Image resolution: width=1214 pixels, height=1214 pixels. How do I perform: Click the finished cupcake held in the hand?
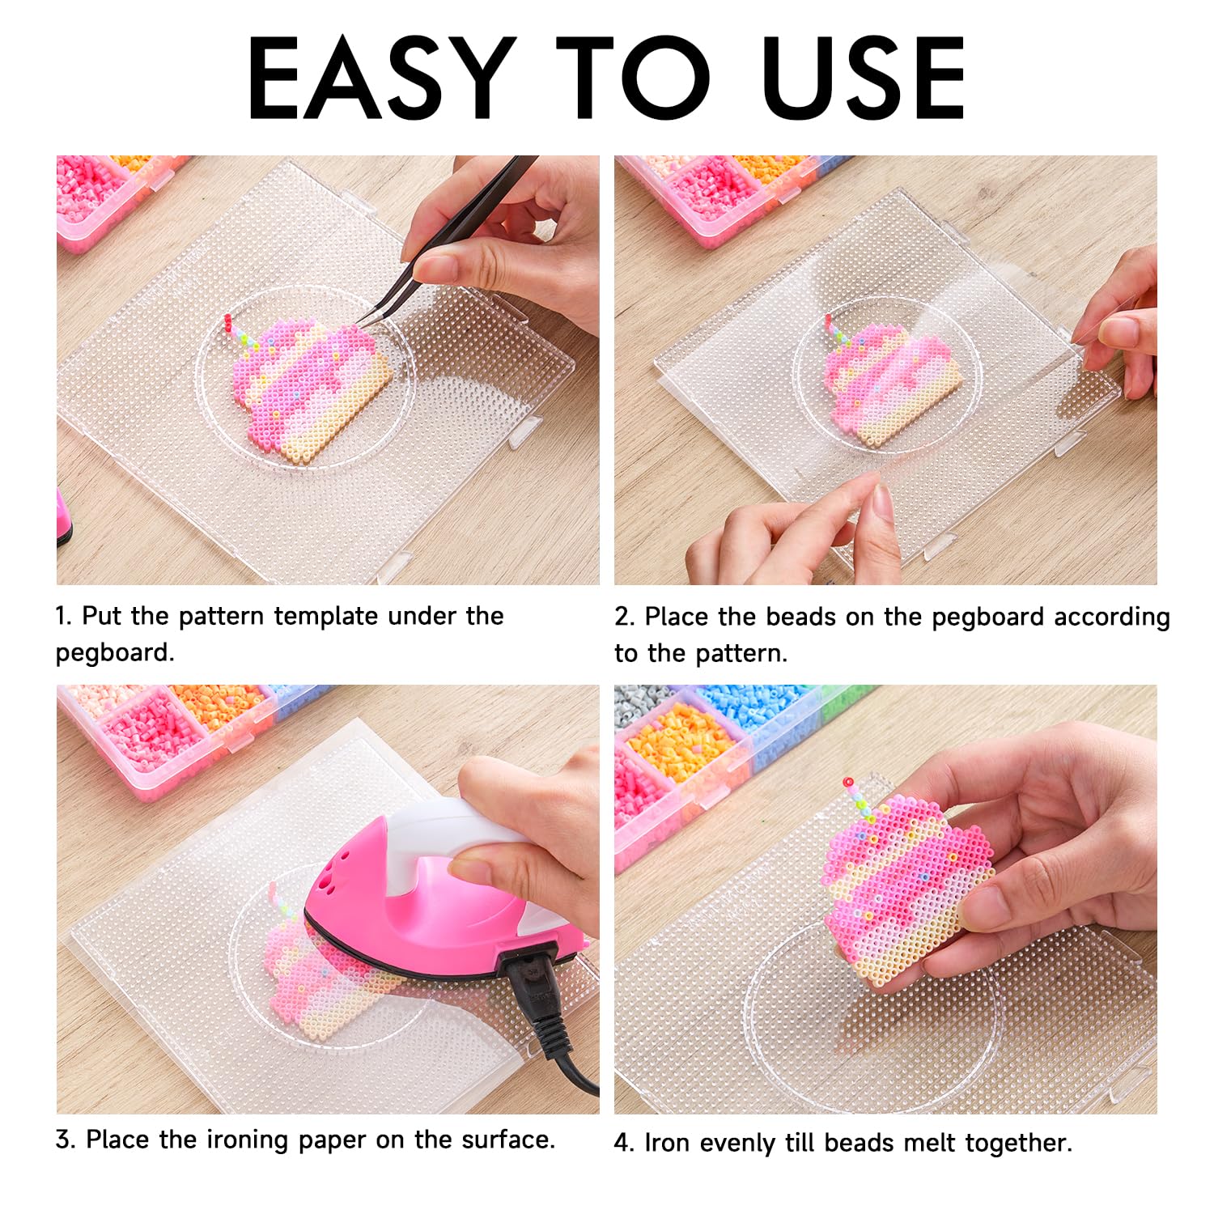point(906,882)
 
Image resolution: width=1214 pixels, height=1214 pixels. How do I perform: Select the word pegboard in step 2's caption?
point(988,618)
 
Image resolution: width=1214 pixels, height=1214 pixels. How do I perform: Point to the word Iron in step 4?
point(669,1143)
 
